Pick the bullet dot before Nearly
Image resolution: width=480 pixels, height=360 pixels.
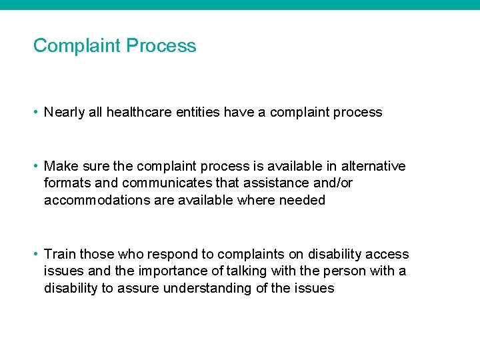point(36,113)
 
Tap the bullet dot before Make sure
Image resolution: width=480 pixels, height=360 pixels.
point(36,166)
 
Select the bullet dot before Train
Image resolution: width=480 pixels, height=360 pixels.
point(36,254)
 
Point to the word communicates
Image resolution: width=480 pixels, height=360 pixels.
point(161,183)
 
